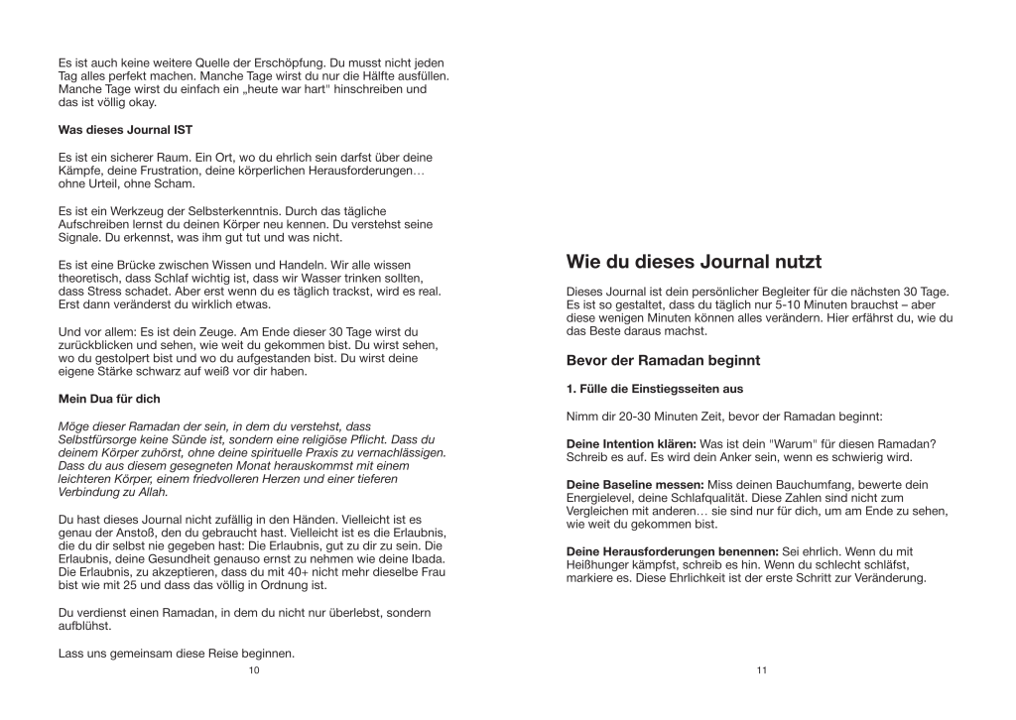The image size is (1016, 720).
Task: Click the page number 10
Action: tap(254, 670)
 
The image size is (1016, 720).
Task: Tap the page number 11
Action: tap(762, 670)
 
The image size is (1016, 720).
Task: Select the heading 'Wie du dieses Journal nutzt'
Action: tap(694, 263)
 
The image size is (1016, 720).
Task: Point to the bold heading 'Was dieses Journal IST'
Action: tap(125, 130)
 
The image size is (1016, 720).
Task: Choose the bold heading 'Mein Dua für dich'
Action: tap(109, 399)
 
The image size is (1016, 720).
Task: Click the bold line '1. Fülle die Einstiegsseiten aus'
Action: tap(654, 388)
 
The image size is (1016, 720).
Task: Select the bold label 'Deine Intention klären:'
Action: tap(631, 442)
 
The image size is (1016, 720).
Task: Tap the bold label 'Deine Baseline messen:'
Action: tap(634, 484)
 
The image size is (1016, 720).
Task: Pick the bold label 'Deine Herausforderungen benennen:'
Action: tap(672, 550)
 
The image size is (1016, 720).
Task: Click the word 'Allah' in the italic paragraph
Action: tap(150, 492)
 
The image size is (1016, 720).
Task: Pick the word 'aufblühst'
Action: tap(84, 627)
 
